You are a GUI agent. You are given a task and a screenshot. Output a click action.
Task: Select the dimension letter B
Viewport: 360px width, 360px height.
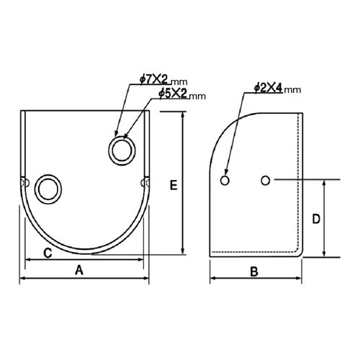click(x=253, y=271)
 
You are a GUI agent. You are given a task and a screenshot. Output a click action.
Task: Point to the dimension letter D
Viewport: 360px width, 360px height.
click(x=315, y=217)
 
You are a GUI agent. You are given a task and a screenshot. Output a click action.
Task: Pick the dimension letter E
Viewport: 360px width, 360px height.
click(x=174, y=185)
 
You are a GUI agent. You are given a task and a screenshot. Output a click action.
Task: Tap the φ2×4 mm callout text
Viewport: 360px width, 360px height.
click(x=277, y=88)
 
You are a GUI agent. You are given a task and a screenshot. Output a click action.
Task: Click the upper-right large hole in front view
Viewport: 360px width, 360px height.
click(x=121, y=150)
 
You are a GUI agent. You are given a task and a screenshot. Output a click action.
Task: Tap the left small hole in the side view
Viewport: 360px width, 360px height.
click(x=225, y=179)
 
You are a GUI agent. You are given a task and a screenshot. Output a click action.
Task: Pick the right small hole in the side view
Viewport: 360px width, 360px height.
click(x=266, y=179)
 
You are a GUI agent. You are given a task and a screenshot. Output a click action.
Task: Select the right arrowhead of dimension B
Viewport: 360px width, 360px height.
click(x=301, y=280)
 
